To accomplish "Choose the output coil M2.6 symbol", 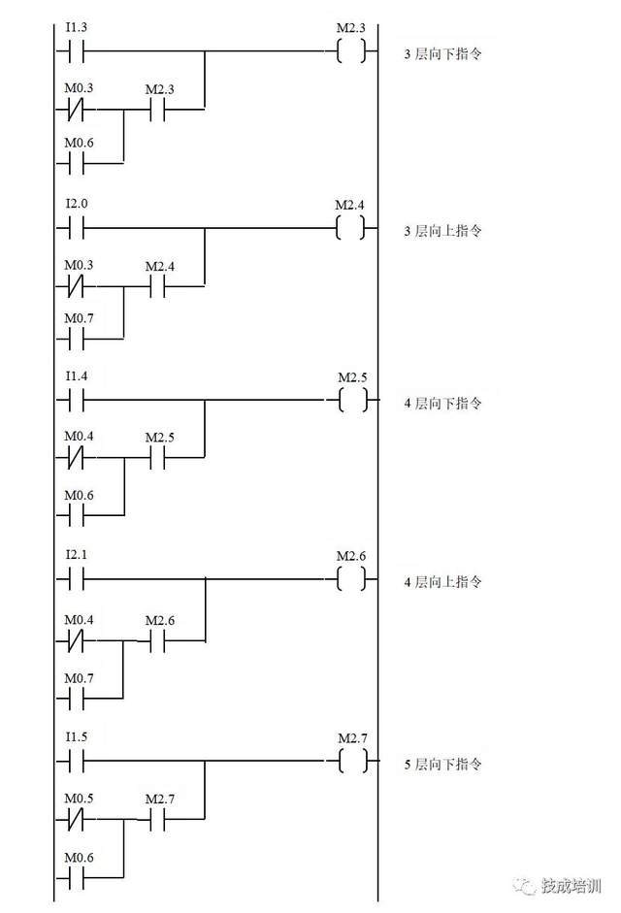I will point(352,579).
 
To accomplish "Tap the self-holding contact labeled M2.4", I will point(158,288).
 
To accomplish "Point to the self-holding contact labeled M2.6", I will point(158,641).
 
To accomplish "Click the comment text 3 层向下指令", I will point(442,54).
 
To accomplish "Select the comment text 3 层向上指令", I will point(442,232).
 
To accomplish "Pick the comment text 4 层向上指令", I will point(442,582).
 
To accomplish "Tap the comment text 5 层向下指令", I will point(442,765).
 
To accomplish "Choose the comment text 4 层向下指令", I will point(442,403).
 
